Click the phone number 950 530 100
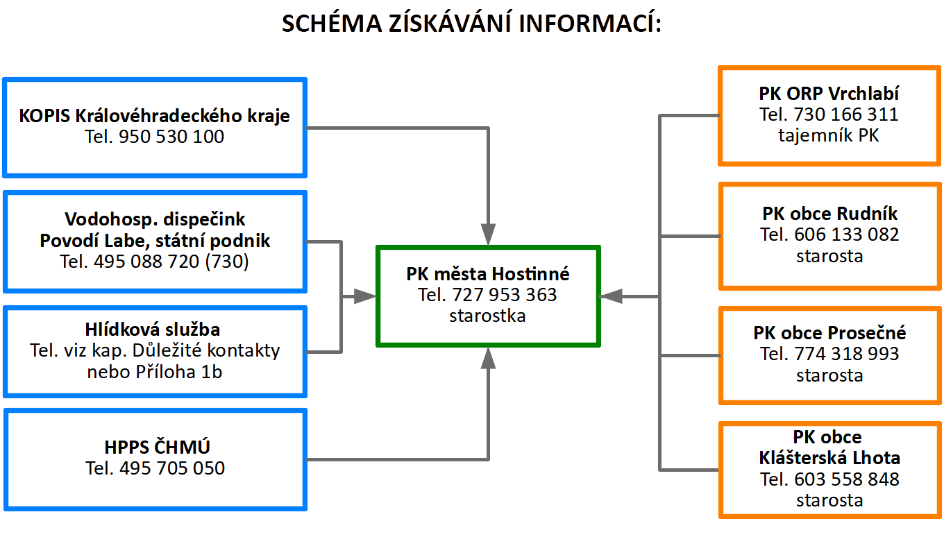click(171, 137)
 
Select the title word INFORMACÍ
click(590, 24)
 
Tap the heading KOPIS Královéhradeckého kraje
click(154, 116)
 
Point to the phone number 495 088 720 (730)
click(171, 262)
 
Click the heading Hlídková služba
click(153, 330)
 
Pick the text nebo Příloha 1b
click(155, 372)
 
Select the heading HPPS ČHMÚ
click(157, 447)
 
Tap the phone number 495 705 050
click(172, 468)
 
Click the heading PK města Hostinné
click(487, 274)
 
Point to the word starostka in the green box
click(487, 316)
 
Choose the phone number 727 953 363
click(505, 295)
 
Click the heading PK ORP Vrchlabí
click(829, 94)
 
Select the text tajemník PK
click(829, 136)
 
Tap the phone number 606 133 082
click(847, 234)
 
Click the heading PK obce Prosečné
click(829, 333)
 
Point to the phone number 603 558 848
click(847, 479)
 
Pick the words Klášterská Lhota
click(829, 458)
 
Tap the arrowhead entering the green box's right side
click(611, 297)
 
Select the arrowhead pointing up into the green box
click(488, 358)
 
